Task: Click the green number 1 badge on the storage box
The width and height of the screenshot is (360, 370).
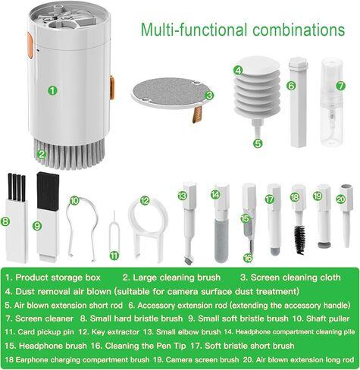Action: [x=52, y=89]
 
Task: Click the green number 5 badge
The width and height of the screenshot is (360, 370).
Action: [x=258, y=141]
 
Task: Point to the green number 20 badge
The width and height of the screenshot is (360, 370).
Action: [x=341, y=199]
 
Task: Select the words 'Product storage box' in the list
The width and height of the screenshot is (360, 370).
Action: [x=63, y=277]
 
